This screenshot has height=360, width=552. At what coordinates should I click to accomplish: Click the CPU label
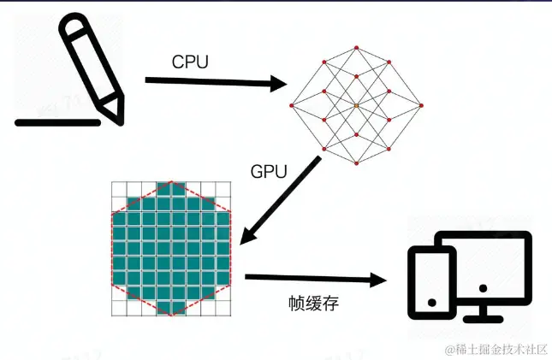coord(191,62)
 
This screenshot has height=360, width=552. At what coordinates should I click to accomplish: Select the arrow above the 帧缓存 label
coord(312,279)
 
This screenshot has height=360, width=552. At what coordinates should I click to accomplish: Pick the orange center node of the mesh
coord(357,105)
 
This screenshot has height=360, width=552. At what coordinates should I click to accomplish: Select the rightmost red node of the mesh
coord(421,105)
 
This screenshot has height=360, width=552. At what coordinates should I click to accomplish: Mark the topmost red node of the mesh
coord(357,41)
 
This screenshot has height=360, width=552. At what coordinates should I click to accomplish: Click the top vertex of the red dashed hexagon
coord(171,181)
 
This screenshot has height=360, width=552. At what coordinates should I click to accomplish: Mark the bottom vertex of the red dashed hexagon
coord(171,314)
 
